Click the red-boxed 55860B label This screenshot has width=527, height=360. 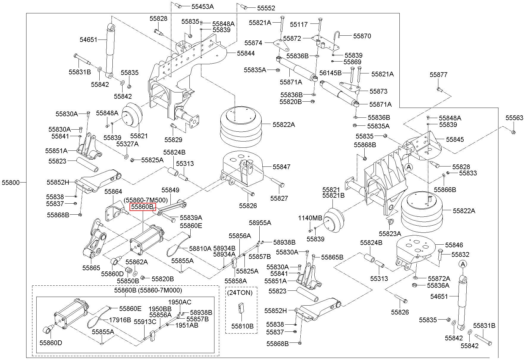pyautogui.click(x=143, y=206)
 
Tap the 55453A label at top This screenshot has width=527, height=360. pyautogui.click(x=203, y=7)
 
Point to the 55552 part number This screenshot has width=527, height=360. pyautogui.click(x=266, y=8)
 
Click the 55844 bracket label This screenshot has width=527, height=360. pyautogui.click(x=246, y=53)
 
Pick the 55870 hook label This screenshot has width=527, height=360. pyautogui.click(x=362, y=36)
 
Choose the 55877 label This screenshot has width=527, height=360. pyautogui.click(x=438, y=75)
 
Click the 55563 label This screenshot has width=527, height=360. pyautogui.click(x=514, y=118)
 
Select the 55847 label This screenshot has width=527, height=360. pyautogui.click(x=281, y=167)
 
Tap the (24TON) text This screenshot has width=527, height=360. pyautogui.click(x=240, y=293)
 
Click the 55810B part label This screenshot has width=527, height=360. pyautogui.click(x=242, y=326)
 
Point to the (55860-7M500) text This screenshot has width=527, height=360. pyautogui.click(x=146, y=200)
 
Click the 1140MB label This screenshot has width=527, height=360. pyautogui.click(x=310, y=218)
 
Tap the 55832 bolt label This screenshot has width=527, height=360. pyautogui.click(x=460, y=254)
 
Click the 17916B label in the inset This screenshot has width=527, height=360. pyautogui.click(x=120, y=320)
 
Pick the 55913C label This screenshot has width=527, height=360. pyautogui.click(x=145, y=322)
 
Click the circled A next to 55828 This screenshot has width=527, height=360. pyautogui.click(x=409, y=167)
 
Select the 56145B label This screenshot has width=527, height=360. pyautogui.click(x=331, y=73)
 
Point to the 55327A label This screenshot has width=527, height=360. pyautogui.click(x=127, y=144)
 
